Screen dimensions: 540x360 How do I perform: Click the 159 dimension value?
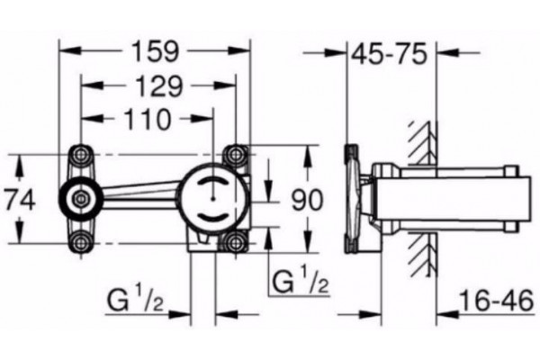pos(156,51)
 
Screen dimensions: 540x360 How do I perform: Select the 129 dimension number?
pos(158,86)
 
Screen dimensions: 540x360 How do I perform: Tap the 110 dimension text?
pos(148,119)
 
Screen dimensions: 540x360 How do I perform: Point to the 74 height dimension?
pos(21,201)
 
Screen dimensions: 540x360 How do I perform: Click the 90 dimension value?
pos(308,200)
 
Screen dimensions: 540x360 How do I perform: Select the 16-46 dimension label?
pos(497,301)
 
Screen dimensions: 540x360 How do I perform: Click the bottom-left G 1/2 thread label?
pos(135,300)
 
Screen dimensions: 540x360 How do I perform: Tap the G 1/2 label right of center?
pos(300,280)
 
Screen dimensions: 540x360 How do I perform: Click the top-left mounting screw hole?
pos(81,154)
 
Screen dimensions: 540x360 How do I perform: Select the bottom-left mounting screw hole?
pos(81,243)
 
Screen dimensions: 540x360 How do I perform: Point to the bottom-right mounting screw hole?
pos(235,243)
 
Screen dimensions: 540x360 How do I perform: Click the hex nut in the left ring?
pos(81,198)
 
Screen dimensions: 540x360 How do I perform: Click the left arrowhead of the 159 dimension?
pos(70,50)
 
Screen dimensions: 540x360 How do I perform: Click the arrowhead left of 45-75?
pos(336,53)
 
